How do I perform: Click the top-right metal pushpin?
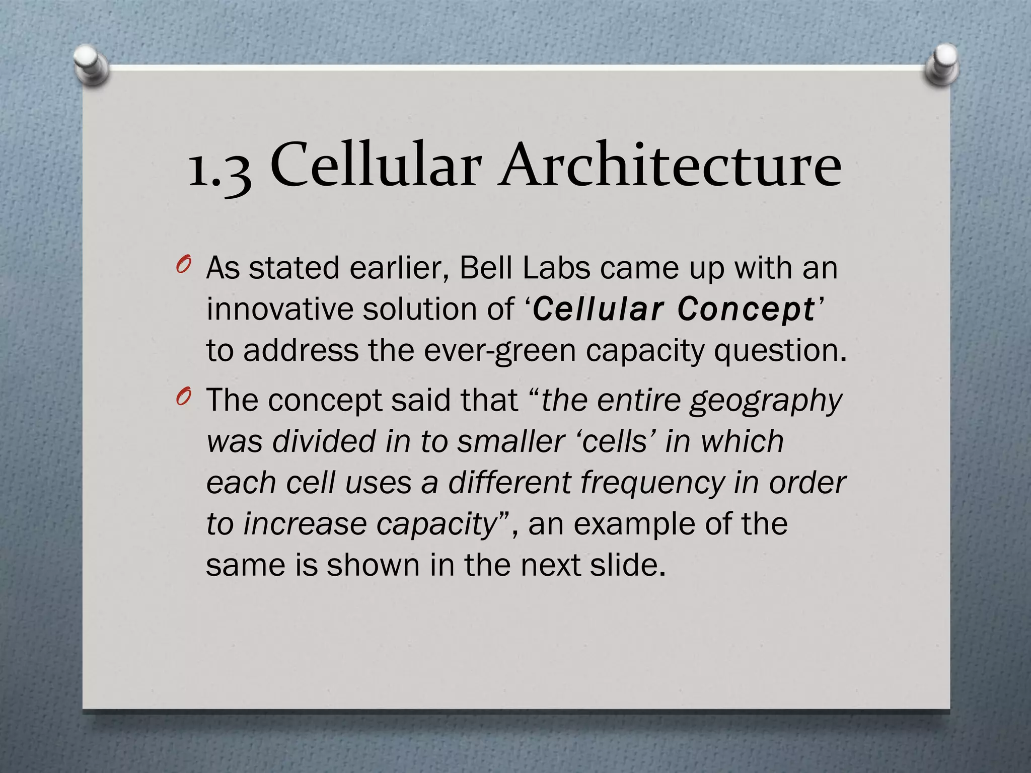click(942, 64)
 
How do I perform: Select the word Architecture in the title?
click(670, 164)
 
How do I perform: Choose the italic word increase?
click(306, 524)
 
